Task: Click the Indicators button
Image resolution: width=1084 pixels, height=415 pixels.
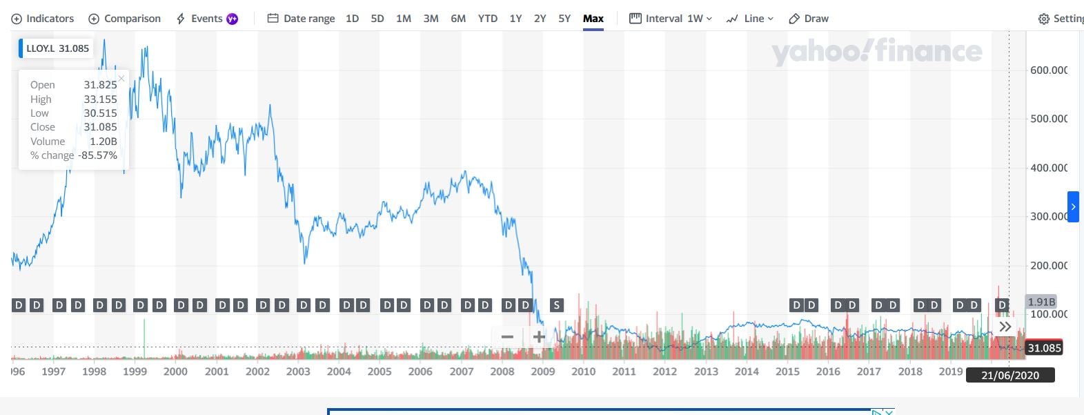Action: coord(43,19)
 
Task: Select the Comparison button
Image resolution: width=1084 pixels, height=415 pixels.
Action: coord(125,19)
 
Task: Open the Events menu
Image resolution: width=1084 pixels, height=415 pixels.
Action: coord(206,19)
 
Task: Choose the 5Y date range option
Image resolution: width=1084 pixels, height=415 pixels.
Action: coord(564,19)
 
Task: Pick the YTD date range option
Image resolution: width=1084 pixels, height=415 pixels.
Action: coord(487,19)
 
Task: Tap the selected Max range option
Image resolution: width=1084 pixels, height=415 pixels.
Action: coord(593,19)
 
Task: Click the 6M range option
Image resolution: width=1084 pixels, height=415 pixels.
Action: coord(458,19)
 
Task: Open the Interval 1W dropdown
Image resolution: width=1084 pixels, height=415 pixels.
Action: coord(671,19)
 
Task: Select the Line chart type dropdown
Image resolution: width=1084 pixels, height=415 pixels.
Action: coord(750,19)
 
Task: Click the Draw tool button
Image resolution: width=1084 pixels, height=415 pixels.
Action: coord(809,19)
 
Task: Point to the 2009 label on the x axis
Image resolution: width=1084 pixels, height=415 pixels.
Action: coord(543,371)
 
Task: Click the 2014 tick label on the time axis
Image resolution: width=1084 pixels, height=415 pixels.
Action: coord(747,371)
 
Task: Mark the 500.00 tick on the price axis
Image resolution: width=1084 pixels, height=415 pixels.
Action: coord(1048,119)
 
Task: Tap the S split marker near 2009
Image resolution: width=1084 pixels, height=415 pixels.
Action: coord(556,305)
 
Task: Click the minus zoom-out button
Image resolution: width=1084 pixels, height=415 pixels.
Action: coord(507,337)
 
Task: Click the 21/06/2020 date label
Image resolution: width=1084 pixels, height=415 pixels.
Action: coord(1009,375)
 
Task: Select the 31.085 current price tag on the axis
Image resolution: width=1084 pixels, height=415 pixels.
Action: coord(1044,348)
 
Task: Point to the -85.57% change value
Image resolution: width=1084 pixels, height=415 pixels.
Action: coord(97,155)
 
